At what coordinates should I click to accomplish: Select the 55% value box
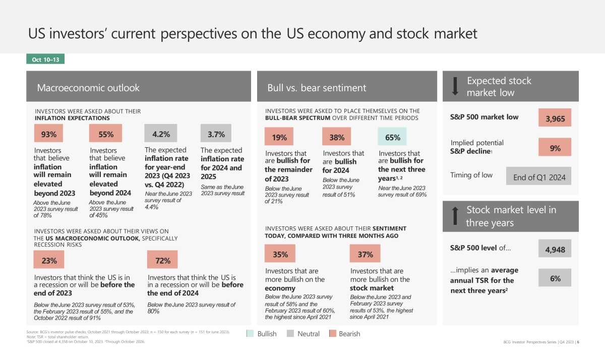click(105, 134)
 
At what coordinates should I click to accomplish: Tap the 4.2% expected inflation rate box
click(161, 134)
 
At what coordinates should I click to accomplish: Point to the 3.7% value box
click(216, 134)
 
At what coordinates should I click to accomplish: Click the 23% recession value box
click(49, 261)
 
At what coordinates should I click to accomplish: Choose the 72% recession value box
click(162, 261)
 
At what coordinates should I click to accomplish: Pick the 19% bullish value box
click(279, 137)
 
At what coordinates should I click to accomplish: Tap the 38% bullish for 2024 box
click(337, 137)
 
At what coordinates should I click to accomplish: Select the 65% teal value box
click(392, 137)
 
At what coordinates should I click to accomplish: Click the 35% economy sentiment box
click(280, 254)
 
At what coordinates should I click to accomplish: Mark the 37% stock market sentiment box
click(365, 254)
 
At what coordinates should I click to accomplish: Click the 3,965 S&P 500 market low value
click(555, 119)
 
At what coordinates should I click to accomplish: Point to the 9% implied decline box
click(555, 148)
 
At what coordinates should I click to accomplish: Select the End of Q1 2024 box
click(539, 177)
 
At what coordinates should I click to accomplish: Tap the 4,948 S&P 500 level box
click(555, 249)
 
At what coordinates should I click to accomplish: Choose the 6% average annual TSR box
click(555, 278)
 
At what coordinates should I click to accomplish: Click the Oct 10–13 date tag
click(45, 59)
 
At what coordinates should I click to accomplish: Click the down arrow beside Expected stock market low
click(455, 87)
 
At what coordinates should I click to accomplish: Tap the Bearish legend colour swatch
click(332, 334)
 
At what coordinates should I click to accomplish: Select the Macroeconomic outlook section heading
click(88, 88)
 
